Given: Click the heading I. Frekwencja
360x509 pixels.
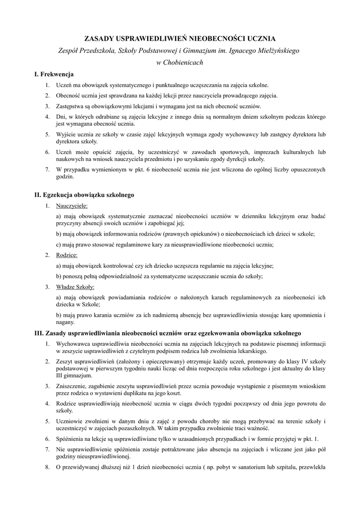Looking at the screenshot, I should point(54,74).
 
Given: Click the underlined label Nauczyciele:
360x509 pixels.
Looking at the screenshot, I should point(72,205).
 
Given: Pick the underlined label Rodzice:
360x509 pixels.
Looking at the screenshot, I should point(67,255).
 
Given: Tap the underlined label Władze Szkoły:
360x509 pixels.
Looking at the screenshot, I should point(76,287).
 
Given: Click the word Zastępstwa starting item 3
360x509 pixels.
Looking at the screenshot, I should point(71,106).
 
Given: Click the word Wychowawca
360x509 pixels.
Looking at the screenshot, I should point(74,343).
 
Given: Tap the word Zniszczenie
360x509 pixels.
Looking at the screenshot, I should point(72,386).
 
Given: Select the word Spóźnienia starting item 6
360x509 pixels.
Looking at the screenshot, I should point(71,439).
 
